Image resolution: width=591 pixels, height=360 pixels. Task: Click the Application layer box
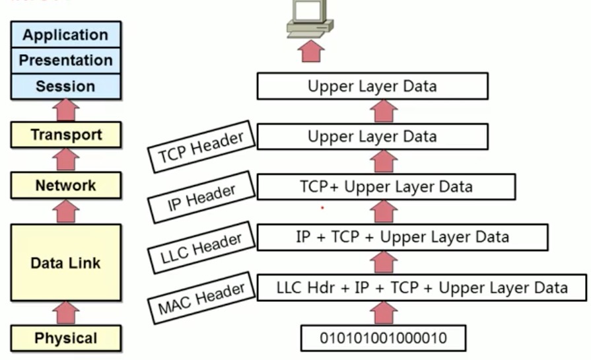(65, 34)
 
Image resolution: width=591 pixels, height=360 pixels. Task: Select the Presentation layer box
(65, 60)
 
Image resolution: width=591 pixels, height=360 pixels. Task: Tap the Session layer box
(65, 87)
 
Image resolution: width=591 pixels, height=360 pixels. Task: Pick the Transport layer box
(66, 135)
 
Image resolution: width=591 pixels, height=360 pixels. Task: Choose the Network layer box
(66, 186)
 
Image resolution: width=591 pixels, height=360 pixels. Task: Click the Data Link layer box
(66, 263)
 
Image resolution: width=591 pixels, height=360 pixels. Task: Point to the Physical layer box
(66, 339)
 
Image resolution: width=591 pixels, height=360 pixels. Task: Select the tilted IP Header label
(202, 196)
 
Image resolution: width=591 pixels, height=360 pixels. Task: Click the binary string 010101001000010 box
(383, 338)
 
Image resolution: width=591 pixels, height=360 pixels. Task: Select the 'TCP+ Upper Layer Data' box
(386, 187)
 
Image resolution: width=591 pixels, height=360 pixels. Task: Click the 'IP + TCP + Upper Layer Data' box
(402, 237)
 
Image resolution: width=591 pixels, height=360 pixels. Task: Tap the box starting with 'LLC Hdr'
(421, 288)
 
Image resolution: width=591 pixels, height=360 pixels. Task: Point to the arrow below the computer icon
(311, 51)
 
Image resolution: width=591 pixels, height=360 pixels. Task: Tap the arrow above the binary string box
(385, 312)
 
